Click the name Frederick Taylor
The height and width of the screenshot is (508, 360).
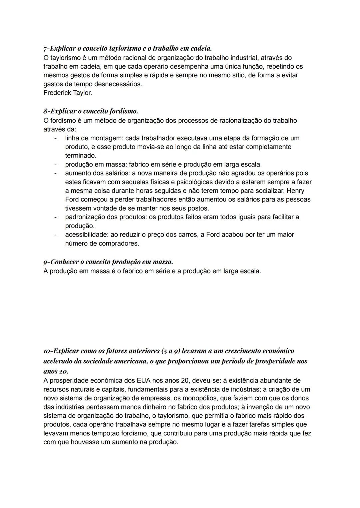[x=68, y=93]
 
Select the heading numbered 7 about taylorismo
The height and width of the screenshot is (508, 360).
[x=128, y=49]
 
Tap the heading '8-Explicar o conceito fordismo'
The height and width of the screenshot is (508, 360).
[x=91, y=111]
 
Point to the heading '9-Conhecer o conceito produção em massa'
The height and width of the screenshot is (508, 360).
[x=108, y=262]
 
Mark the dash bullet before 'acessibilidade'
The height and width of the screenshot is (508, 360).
[x=56, y=235]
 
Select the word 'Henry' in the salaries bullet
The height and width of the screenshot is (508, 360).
[x=295, y=191]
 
